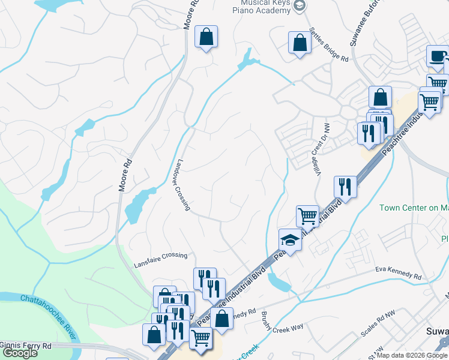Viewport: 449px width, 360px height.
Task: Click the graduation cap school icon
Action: pos(291,241)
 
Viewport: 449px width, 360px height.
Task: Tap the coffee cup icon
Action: pos(437,57)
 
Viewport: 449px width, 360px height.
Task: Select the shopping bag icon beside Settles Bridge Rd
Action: pos(299,43)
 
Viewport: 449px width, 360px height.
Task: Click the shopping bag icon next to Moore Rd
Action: pos(206,37)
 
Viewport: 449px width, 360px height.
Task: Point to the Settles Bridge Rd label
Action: pos(328,46)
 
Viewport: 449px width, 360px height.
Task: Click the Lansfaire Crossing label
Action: pos(161,256)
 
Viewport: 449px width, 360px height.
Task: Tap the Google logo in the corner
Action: pos(20,352)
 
